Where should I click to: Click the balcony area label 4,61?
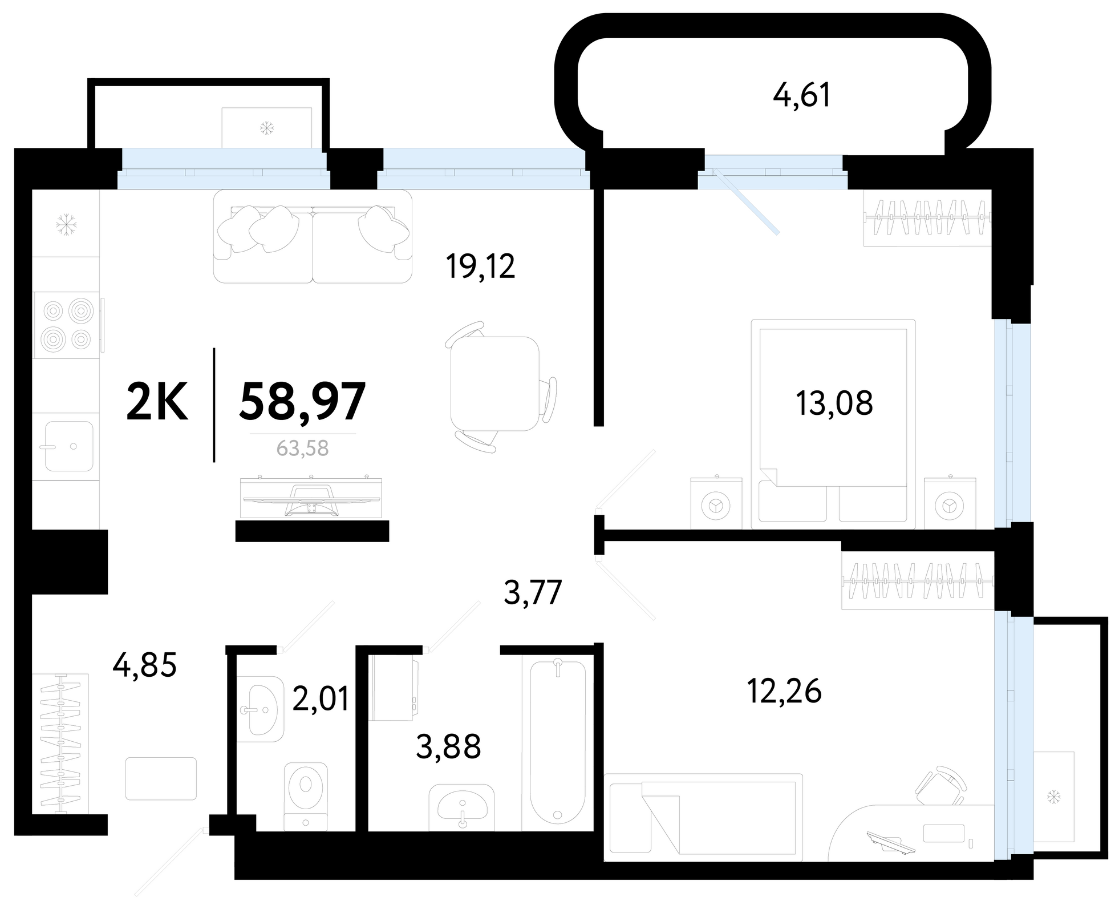(x=801, y=95)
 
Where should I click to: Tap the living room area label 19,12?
(x=480, y=266)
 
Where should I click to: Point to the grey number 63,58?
(x=302, y=449)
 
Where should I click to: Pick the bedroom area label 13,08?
(x=834, y=403)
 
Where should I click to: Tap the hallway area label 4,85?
(x=144, y=665)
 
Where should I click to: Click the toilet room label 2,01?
(x=320, y=698)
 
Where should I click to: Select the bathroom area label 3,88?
(x=448, y=746)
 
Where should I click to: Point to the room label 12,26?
(x=784, y=691)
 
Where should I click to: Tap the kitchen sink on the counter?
(x=68, y=446)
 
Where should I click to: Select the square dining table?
(x=494, y=383)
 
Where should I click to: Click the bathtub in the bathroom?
(x=557, y=742)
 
